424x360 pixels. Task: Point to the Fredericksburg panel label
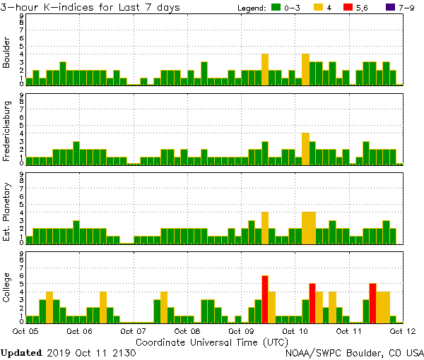click(x=6, y=132)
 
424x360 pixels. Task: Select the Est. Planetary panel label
click(x=6, y=212)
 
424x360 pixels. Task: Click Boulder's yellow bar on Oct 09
click(x=265, y=69)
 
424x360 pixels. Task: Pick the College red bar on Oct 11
click(x=372, y=302)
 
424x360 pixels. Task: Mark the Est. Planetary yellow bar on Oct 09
click(x=265, y=227)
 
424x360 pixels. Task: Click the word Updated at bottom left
click(x=22, y=352)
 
